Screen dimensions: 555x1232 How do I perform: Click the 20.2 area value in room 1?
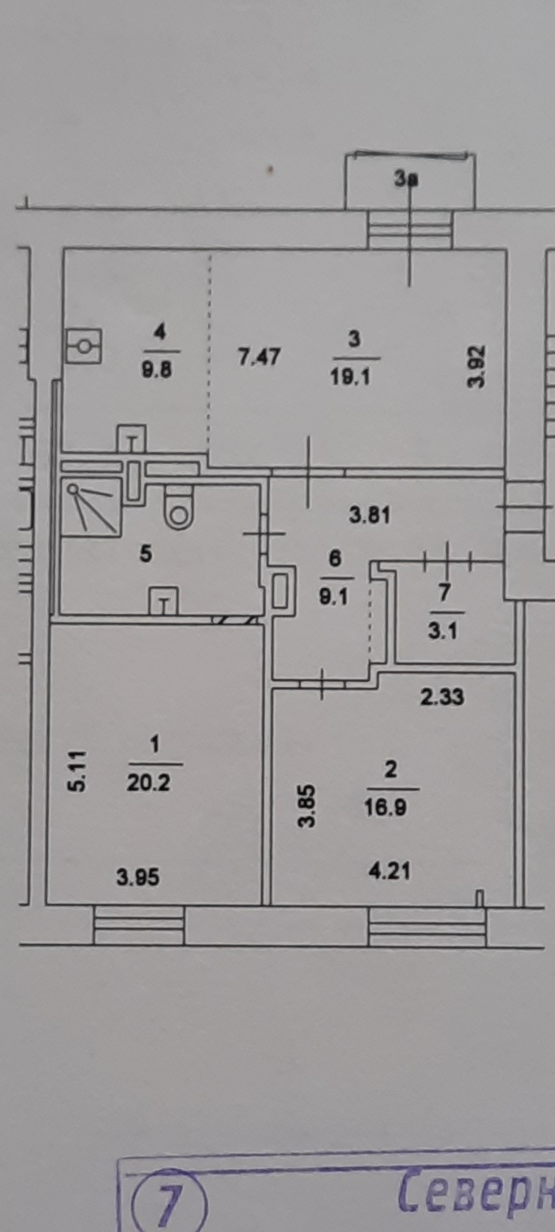click(x=149, y=783)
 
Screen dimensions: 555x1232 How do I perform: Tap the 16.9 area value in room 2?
click(x=385, y=808)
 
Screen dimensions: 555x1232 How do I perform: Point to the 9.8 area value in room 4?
click(x=157, y=370)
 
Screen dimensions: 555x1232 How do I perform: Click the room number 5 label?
click(x=146, y=554)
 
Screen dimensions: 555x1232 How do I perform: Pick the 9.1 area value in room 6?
click(x=334, y=597)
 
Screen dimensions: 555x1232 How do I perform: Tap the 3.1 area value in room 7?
click(x=442, y=631)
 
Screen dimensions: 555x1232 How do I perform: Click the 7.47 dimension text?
click(x=260, y=357)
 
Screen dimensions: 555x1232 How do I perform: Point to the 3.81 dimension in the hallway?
click(x=370, y=515)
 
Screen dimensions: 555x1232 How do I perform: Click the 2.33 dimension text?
click(x=442, y=697)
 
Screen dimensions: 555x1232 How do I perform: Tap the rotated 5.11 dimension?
click(x=78, y=772)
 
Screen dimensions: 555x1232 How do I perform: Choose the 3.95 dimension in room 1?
click(x=138, y=877)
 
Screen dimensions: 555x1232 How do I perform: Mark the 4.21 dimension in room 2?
click(x=390, y=872)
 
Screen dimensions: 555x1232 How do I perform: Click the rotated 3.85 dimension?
click(x=307, y=806)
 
